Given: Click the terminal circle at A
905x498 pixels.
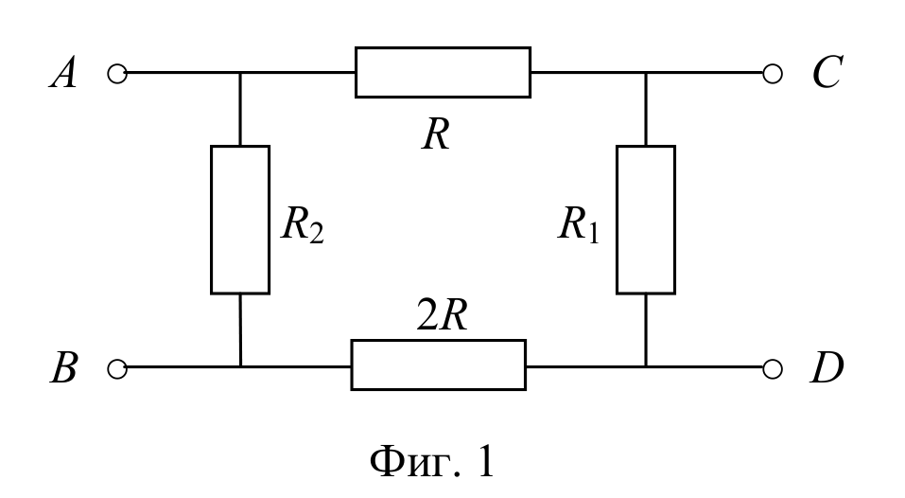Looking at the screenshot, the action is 117,73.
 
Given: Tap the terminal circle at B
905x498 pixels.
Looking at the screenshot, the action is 117,368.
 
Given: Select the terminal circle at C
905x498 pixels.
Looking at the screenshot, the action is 773,73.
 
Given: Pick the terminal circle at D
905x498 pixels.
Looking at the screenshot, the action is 773,368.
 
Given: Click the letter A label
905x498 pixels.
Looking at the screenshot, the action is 63,73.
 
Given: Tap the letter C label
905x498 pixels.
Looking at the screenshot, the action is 827,72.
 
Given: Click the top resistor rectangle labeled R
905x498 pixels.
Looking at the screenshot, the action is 443,72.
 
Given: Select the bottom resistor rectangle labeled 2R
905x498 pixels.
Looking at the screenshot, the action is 439,365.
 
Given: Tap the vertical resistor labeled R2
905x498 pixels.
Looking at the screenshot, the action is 240,220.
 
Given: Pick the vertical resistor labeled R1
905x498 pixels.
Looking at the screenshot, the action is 646,220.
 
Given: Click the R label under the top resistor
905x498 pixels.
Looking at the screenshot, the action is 436,135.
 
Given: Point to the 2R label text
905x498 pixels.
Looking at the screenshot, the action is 443,315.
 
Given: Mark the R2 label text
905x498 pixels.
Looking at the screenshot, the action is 303,224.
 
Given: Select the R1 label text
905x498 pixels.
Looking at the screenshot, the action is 579,224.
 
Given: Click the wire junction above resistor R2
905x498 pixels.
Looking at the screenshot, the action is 240,73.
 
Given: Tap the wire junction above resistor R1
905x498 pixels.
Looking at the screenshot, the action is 646,73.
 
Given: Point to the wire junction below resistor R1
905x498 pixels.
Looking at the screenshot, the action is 646,366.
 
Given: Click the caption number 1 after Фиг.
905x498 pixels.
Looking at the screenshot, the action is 486,462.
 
